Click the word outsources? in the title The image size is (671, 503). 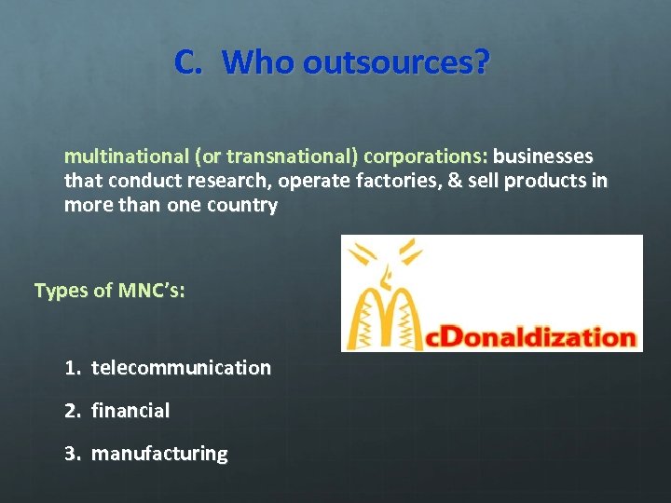point(396,62)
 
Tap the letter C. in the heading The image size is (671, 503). point(188,62)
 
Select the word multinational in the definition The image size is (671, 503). point(124,155)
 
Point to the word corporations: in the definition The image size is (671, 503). point(426,155)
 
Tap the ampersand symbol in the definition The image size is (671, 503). point(456,180)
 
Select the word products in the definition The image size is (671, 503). point(546,180)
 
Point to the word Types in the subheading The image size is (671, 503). point(60,291)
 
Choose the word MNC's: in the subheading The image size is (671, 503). point(151,291)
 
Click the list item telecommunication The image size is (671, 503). point(181,368)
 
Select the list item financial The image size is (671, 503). point(130,411)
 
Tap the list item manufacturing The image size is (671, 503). point(159,454)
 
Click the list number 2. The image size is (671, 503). point(72,411)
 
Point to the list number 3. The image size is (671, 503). point(72,454)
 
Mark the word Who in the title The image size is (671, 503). point(261,62)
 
